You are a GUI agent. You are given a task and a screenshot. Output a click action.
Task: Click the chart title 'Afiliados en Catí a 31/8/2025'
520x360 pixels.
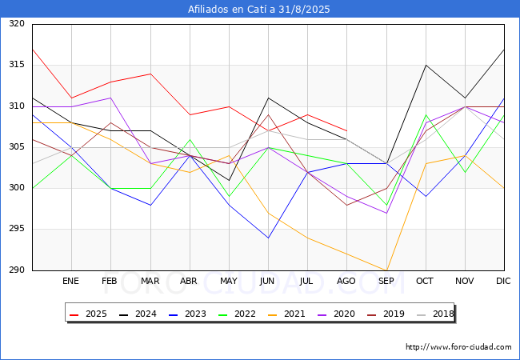tap(259, 10)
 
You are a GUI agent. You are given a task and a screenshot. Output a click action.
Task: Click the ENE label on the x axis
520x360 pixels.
tap(71, 281)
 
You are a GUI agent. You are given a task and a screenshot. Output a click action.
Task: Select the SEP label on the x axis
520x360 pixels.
tap(386, 281)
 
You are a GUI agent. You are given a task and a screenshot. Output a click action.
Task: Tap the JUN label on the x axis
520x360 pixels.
tap(268, 281)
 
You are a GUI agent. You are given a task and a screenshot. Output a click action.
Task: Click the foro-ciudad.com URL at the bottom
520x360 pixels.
tap(458, 347)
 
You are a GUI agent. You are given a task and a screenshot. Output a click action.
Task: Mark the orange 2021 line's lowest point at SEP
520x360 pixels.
tap(386, 270)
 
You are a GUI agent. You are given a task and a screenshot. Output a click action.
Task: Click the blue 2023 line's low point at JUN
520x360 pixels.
tap(268, 238)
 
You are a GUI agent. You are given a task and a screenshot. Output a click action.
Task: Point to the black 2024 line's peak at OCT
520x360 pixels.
tap(426, 65)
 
